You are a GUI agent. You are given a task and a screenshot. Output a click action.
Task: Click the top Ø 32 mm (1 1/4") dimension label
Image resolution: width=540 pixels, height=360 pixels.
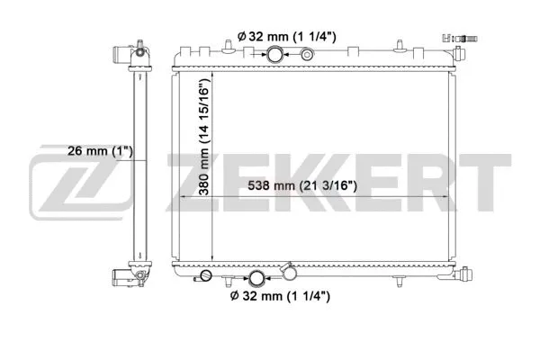(286, 36)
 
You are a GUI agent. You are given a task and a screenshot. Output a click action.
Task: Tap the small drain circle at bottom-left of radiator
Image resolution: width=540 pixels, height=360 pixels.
(206, 276)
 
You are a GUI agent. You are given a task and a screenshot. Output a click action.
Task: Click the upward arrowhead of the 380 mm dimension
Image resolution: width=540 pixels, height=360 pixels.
(211, 71)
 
